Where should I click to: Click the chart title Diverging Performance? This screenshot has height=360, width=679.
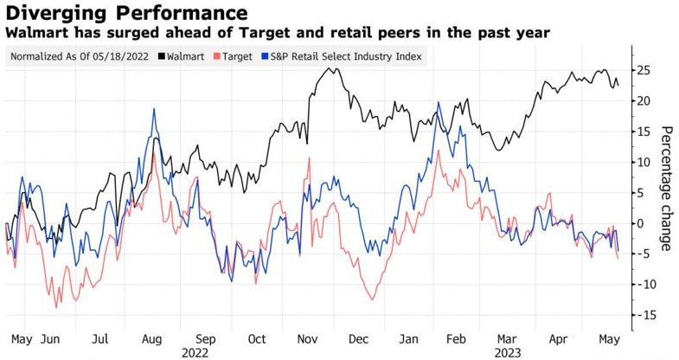(126, 13)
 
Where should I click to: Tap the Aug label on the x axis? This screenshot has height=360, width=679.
(151, 340)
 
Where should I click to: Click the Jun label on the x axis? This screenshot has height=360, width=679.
(51, 340)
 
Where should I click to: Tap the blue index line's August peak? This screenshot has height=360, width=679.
(154, 109)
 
